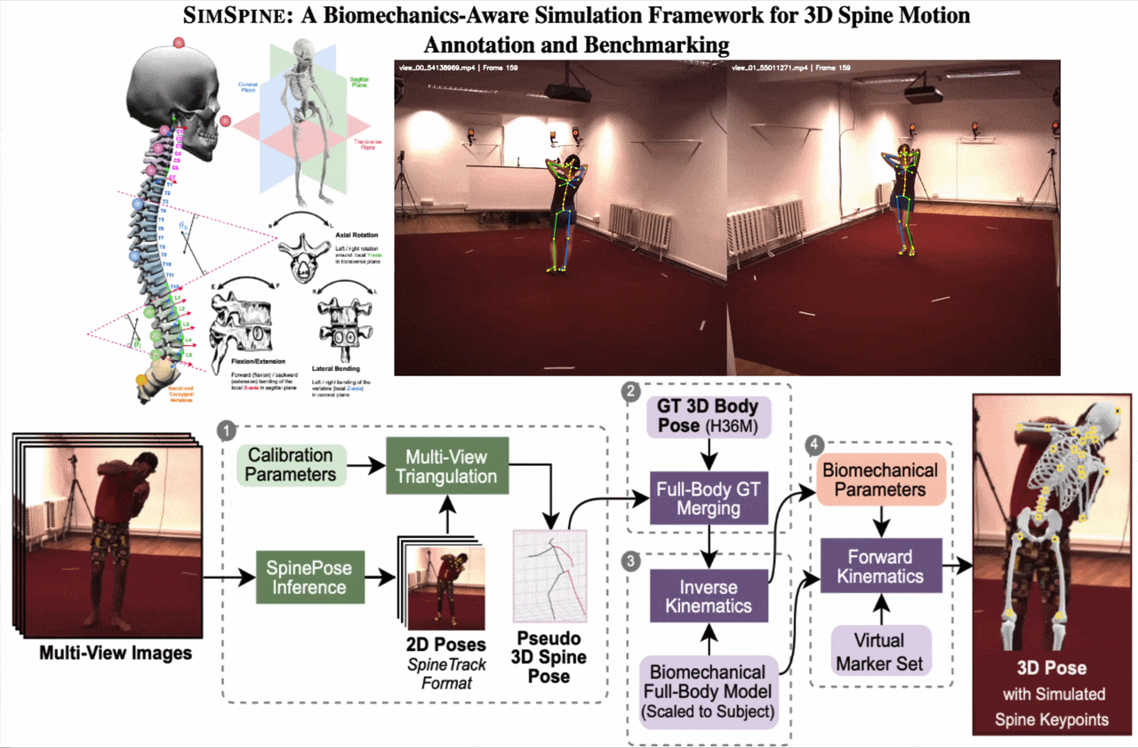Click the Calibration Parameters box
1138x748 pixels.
click(x=293, y=464)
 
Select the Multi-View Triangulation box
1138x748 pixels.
click(x=446, y=466)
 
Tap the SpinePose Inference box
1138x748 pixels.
click(x=310, y=576)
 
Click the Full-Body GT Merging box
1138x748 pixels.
click(x=699, y=498)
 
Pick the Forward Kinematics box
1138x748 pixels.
click(x=880, y=567)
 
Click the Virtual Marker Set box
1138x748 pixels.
click(x=879, y=650)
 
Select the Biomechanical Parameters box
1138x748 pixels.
click(x=879, y=479)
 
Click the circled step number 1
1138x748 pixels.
click(x=228, y=430)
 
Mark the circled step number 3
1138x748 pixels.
click(x=631, y=560)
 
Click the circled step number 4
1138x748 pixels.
click(x=812, y=442)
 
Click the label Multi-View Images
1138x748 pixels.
click(x=116, y=654)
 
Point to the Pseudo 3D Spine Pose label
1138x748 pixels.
click(x=550, y=657)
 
